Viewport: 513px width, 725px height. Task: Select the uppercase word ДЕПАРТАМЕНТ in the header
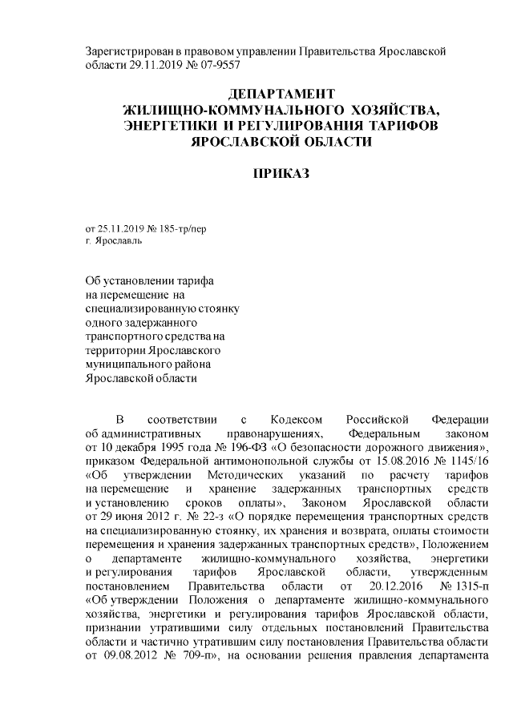click(x=281, y=95)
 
